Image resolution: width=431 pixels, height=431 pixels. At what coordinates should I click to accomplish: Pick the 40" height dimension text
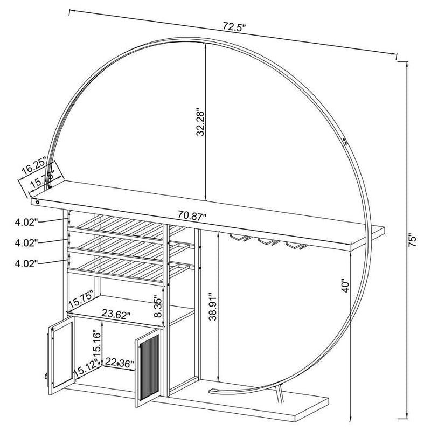tap(345, 284)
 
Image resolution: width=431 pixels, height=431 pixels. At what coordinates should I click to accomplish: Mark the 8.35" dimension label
tap(158, 307)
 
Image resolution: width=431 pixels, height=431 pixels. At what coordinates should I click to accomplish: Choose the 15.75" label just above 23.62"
tap(81, 298)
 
